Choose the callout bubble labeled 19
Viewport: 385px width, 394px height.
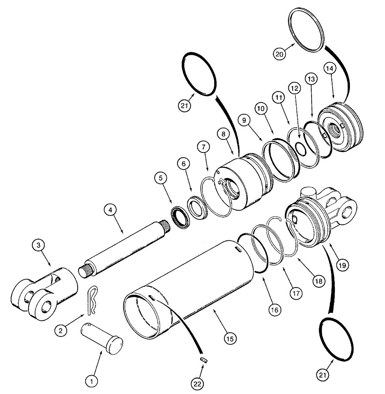(x=342, y=265)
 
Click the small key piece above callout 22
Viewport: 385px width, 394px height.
(x=203, y=359)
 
